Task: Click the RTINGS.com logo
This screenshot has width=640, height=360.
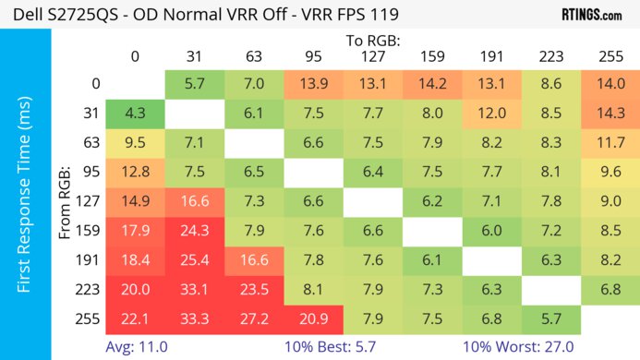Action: [x=591, y=15]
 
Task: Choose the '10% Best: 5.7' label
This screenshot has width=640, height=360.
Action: [x=336, y=348]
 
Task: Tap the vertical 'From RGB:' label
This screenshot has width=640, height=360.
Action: [x=66, y=204]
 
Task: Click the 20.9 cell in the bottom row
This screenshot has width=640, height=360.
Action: [x=314, y=319]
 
